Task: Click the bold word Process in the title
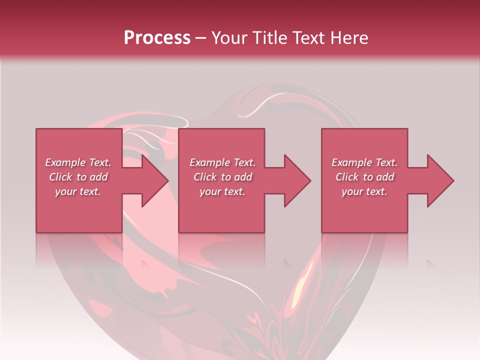pyautogui.click(x=157, y=38)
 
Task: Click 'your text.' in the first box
pyautogui.click(x=78, y=192)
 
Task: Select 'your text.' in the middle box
pyautogui.click(x=222, y=192)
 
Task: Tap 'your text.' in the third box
pyautogui.click(x=364, y=192)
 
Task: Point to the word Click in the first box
pyautogui.click(x=60, y=177)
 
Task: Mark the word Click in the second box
pyautogui.click(x=205, y=177)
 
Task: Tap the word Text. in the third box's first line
pyautogui.click(x=385, y=162)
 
